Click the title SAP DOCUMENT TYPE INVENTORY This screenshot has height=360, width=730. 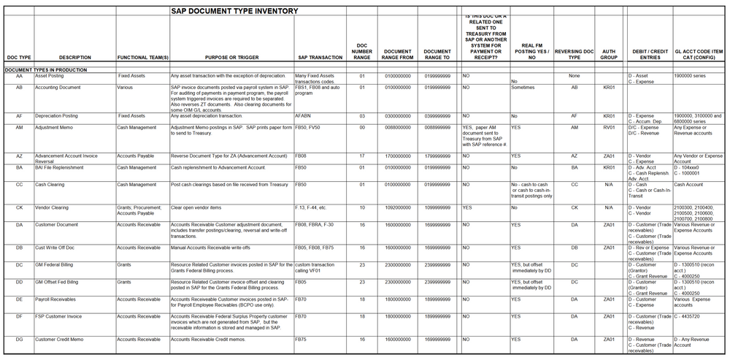[234, 11]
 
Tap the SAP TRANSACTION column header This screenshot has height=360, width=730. [320, 57]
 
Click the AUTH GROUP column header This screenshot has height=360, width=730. [608, 54]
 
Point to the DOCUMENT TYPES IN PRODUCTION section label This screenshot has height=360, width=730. [46, 69]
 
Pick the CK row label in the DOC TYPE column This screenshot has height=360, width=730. [19, 207]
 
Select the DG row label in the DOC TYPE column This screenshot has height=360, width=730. [19, 339]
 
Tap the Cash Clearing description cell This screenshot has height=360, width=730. [50, 185]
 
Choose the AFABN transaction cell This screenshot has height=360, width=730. [304, 115]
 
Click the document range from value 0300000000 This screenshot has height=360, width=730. [398, 115]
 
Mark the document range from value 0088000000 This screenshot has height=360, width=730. [398, 127]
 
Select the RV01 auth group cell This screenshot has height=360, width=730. [608, 127]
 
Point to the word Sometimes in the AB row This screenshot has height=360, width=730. [523, 87]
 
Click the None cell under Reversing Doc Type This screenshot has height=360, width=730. [574, 75]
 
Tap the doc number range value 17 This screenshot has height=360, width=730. [361, 156]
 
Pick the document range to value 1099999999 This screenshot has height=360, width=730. [437, 207]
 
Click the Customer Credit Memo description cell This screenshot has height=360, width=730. [59, 339]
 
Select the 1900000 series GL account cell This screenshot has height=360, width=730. [691, 75]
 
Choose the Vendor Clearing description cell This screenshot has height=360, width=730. [52, 207]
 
